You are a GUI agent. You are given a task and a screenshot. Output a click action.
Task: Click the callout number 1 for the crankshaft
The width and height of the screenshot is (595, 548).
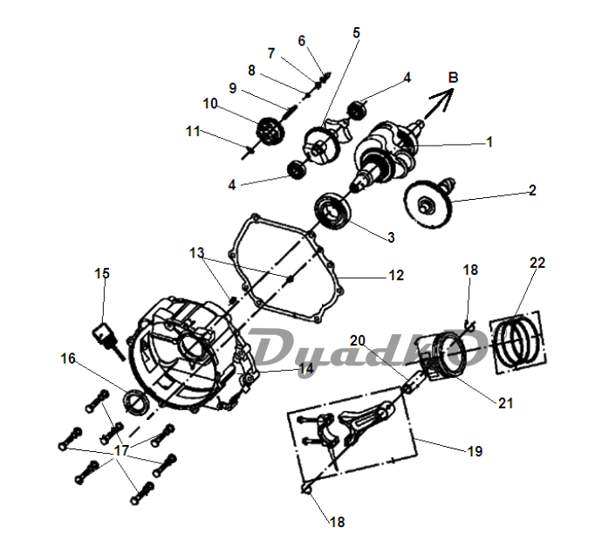tap(489, 142)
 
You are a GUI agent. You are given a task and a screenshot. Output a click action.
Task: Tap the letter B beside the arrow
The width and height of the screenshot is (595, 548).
tap(453, 78)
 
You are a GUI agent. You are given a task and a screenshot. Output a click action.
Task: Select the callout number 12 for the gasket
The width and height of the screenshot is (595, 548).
tap(396, 275)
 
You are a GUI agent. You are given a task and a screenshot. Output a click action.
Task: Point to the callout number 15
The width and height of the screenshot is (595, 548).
tap(102, 273)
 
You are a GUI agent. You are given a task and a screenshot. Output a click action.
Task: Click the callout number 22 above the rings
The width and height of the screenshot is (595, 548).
tap(537, 263)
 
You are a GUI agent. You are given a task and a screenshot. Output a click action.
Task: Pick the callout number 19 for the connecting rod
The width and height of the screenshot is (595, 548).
tap(475, 451)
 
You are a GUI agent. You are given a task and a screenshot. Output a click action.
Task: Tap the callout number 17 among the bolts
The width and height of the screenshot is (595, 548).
tap(121, 450)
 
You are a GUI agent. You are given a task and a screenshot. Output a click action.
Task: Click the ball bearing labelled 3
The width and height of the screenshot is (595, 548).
tap(332, 211)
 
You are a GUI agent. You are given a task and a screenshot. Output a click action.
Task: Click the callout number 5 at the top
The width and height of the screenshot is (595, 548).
tap(356, 32)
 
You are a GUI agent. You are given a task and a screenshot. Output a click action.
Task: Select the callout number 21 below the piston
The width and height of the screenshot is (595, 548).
tap(505, 402)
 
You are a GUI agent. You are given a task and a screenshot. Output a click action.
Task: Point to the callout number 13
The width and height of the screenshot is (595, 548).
tap(196, 253)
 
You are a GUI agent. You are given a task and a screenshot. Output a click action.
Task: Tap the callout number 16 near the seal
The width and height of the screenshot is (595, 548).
tap(68, 358)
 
